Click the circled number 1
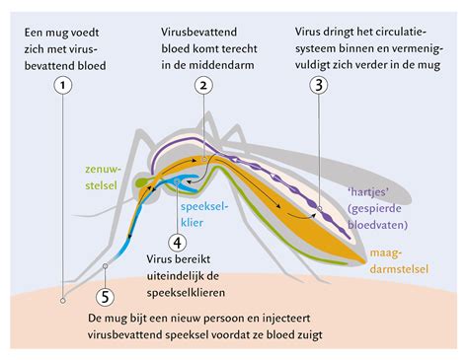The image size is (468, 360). pos(63,86)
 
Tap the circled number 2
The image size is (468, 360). pos(201,86)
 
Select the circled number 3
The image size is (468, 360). pos(317,86)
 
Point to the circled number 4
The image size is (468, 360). pos(178,241)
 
